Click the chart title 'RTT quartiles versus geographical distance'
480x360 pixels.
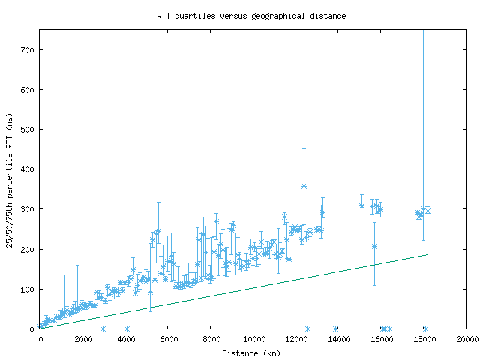251,15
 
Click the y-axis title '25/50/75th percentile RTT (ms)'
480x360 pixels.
10,178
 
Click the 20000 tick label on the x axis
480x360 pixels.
466,339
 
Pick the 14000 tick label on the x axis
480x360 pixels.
339,339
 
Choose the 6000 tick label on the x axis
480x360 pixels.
168,339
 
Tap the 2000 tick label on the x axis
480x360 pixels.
82,339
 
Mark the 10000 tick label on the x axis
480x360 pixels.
253,339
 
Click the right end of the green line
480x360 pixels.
427,254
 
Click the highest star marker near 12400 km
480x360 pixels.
304,186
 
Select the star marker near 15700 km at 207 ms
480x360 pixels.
374,246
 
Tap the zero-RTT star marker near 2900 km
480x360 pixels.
103,328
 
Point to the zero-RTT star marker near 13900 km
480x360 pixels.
336,328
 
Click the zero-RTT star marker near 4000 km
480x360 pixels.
127,328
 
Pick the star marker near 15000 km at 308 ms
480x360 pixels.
361,205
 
